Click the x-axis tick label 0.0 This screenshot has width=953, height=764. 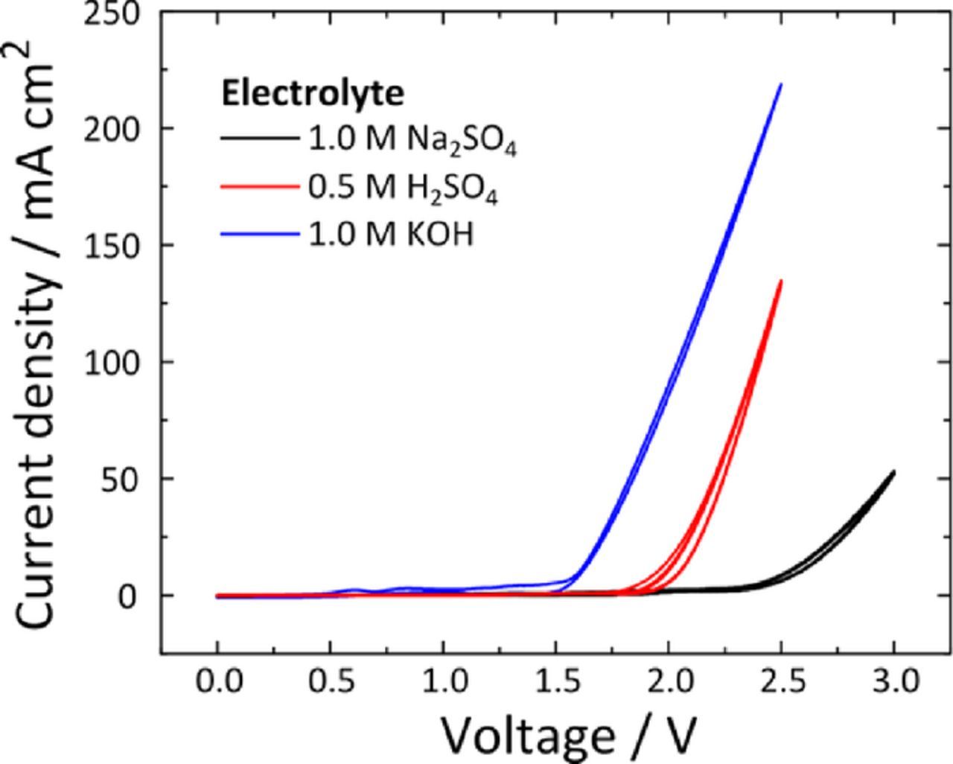217,682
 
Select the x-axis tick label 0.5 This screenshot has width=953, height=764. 330,682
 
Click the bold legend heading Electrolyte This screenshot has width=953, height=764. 313,95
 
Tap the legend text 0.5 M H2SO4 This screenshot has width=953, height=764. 403,191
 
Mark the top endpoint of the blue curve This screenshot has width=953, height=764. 781,84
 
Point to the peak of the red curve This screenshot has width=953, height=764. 781,281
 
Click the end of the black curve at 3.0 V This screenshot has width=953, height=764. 893,471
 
